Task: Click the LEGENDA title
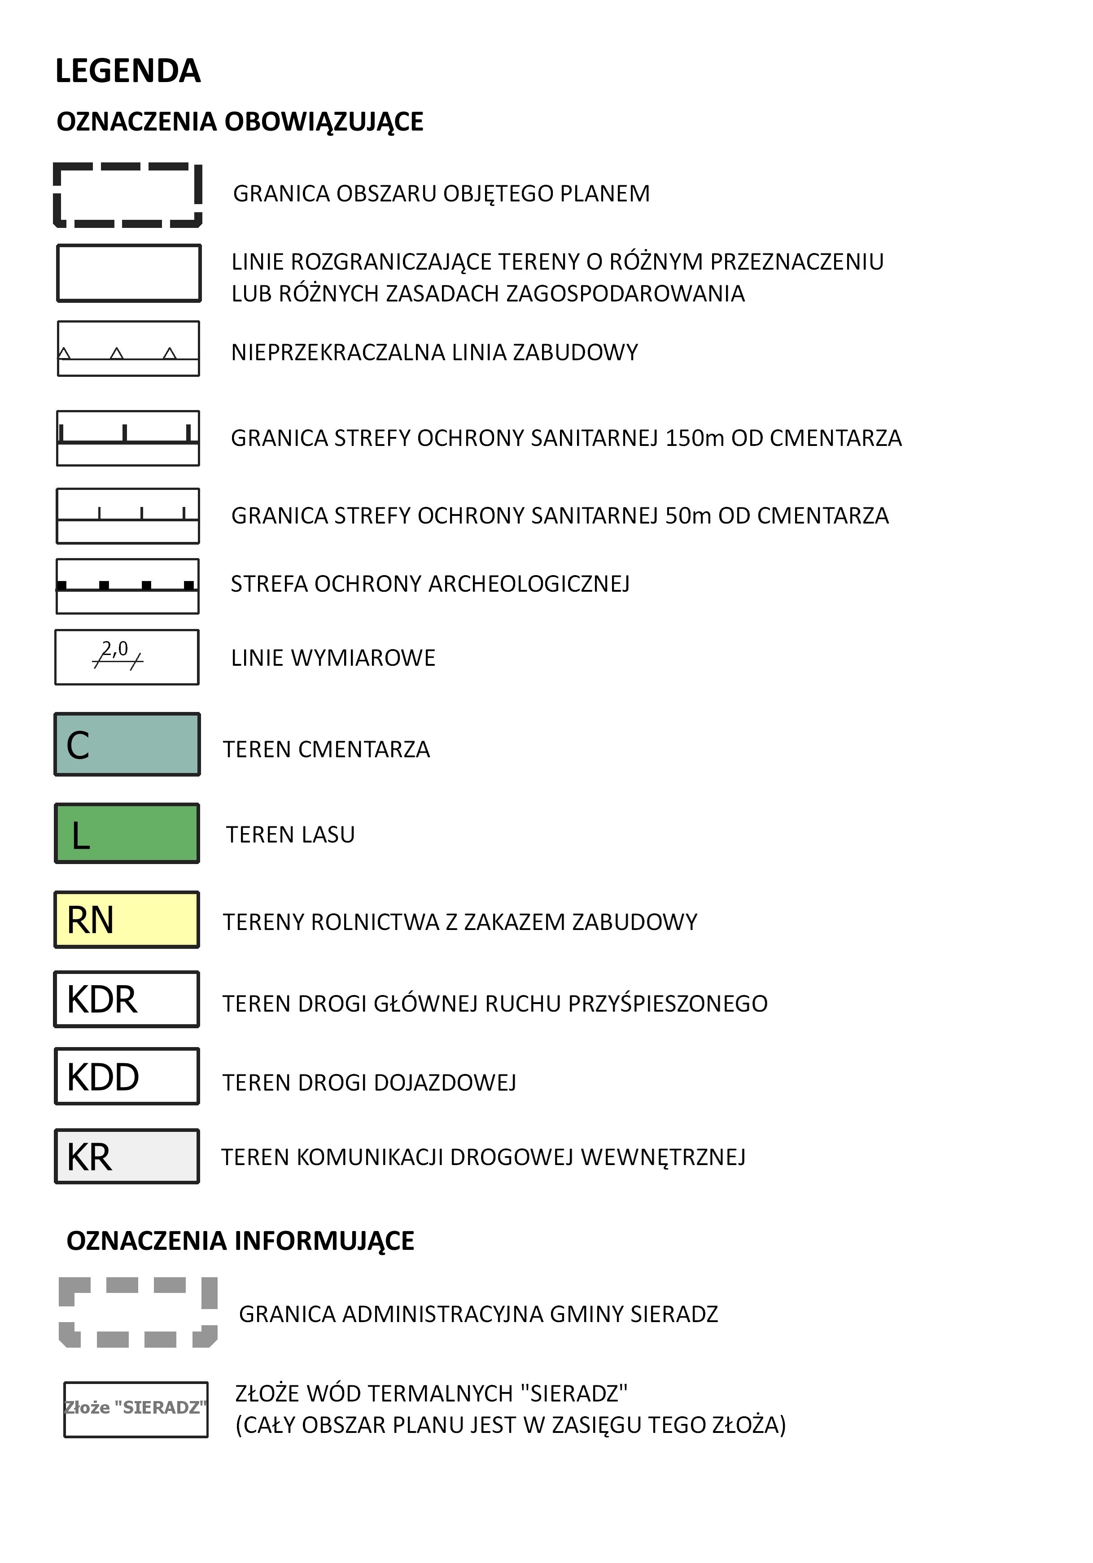[127, 71]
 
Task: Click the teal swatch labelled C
[127, 744]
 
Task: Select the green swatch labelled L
[127, 833]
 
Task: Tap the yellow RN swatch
[127, 920]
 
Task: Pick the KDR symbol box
[127, 1000]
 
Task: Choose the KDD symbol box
[127, 1076]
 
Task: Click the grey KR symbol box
[127, 1157]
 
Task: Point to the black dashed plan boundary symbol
[128, 196]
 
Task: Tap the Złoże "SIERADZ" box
[136, 1407]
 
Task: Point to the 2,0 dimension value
[115, 649]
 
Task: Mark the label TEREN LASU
[290, 834]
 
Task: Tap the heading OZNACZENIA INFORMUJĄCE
[240, 1241]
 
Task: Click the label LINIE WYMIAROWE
[333, 658]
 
